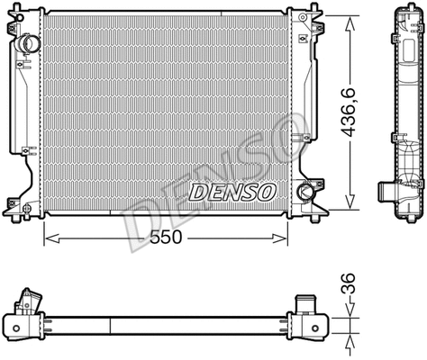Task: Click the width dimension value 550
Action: [166, 237]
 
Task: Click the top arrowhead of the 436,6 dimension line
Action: [350, 19]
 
